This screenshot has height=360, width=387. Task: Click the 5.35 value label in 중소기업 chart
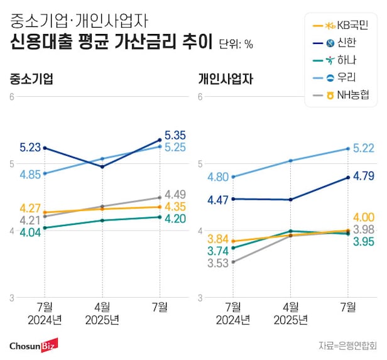pos(175,134)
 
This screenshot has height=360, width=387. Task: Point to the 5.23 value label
pos(30,148)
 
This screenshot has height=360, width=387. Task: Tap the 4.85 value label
pos(30,174)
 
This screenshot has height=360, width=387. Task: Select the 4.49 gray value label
pos(175,194)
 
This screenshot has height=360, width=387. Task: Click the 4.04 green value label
pos(30,232)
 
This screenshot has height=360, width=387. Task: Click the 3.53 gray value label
pos(217,263)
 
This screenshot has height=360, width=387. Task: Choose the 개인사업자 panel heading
pos(224,80)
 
